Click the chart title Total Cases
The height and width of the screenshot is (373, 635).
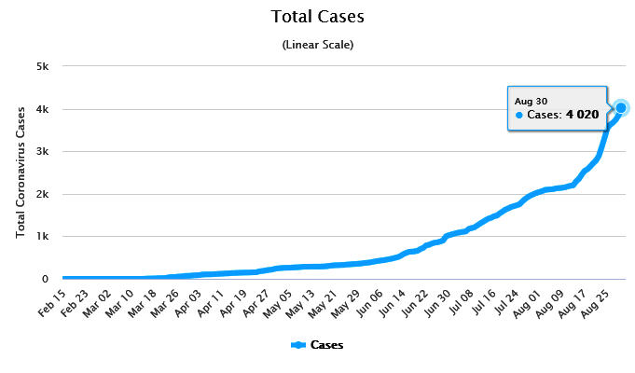pos(317,17)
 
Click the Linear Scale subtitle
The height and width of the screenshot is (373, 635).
pos(317,44)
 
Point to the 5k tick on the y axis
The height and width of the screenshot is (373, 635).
pos(43,66)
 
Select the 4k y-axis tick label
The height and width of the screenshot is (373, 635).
pos(43,109)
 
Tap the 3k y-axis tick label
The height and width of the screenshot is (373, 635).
pos(43,151)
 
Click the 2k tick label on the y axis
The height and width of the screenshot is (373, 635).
pos(43,194)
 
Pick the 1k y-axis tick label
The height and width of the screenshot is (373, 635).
pos(43,236)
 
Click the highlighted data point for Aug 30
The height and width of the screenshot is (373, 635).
pos(621,108)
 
